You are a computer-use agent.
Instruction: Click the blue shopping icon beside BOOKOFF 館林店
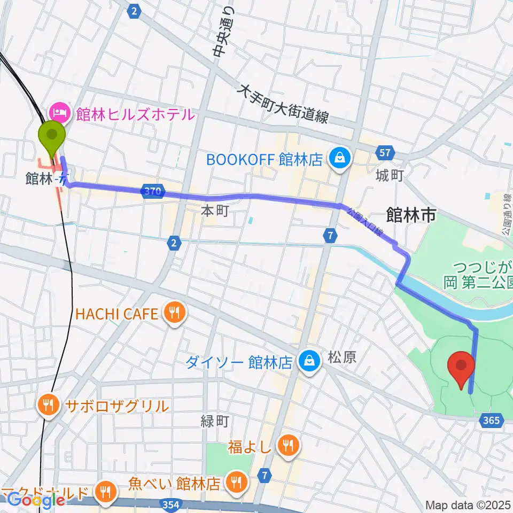click(x=339, y=159)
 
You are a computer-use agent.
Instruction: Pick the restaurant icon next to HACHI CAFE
click(x=174, y=313)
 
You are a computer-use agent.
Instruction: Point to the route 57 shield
click(x=385, y=153)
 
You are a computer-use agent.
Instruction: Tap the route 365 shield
click(x=490, y=421)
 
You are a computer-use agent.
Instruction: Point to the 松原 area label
click(x=342, y=357)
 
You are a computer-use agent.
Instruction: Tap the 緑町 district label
click(x=215, y=422)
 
